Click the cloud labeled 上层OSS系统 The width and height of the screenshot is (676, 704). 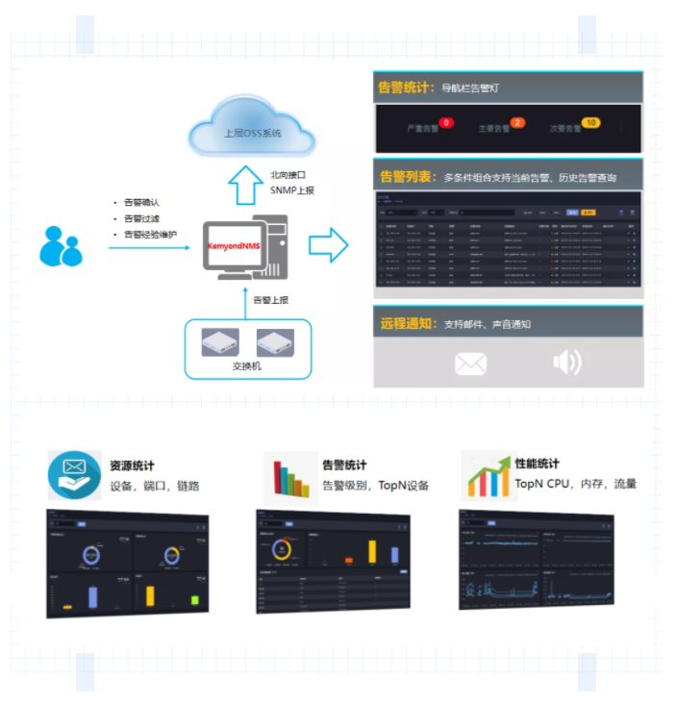[253, 133]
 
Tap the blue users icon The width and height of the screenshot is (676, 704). [61, 246]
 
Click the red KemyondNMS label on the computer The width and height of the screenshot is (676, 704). [234, 247]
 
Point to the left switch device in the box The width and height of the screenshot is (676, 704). [219, 343]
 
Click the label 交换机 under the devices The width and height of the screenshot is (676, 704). [247, 366]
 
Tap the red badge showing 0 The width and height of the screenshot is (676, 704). [445, 123]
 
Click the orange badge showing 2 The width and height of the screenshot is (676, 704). [517, 123]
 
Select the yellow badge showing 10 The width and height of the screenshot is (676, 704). [591, 123]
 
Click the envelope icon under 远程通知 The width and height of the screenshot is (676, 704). [470, 364]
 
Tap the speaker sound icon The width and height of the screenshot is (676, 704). [567, 362]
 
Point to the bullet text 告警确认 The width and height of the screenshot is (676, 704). [141, 203]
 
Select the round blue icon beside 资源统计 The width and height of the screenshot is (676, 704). [74, 475]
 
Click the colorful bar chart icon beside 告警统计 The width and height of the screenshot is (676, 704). [290, 478]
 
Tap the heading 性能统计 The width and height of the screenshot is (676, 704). [537, 465]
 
